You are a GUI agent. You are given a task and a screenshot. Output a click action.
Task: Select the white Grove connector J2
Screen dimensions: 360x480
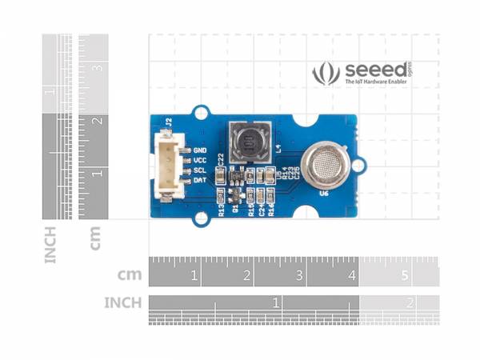(168, 166)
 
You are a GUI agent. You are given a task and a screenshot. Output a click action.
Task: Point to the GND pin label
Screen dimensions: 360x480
(200, 150)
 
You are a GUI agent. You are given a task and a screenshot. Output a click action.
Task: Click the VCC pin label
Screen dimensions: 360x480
(200, 160)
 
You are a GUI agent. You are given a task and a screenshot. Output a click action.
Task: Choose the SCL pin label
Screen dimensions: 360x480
(200, 170)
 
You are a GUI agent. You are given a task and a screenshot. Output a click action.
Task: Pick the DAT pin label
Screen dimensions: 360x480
(200, 181)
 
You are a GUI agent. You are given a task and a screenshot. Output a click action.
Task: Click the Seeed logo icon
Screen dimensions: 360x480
(326, 74)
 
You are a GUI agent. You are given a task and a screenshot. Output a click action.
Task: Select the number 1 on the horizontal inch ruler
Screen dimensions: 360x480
(276, 303)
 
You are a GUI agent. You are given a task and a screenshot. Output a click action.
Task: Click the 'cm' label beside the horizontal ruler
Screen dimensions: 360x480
(130, 275)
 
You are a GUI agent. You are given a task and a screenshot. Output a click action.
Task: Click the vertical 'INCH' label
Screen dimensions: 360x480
(51, 244)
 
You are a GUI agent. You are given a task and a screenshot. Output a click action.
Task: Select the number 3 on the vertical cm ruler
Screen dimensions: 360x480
(99, 69)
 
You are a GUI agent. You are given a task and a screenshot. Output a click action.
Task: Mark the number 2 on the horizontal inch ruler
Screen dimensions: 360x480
(410, 303)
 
